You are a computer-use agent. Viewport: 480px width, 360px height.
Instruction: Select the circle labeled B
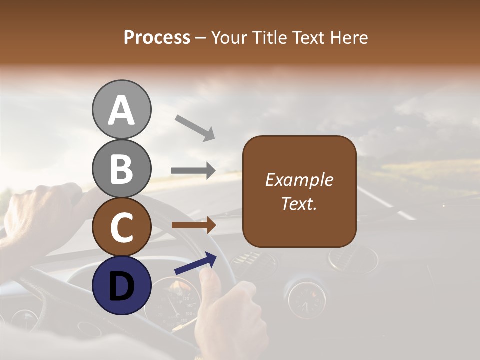(x=121, y=168)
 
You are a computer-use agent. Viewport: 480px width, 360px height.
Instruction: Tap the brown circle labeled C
(x=121, y=227)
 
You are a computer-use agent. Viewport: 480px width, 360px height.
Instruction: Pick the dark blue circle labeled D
(x=121, y=285)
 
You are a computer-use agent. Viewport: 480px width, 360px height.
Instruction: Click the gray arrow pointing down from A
(x=195, y=127)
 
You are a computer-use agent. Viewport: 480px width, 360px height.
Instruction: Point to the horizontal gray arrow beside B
(x=193, y=171)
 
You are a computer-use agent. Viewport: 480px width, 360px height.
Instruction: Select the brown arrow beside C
(x=193, y=225)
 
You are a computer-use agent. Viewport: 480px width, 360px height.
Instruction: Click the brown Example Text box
(x=299, y=191)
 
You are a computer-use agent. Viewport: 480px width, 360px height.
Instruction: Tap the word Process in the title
(x=157, y=37)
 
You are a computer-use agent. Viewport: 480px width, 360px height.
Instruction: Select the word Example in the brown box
(x=299, y=180)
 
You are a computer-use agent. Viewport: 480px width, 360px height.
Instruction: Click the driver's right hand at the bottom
(x=230, y=320)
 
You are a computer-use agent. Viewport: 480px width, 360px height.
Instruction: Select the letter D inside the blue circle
(x=121, y=285)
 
